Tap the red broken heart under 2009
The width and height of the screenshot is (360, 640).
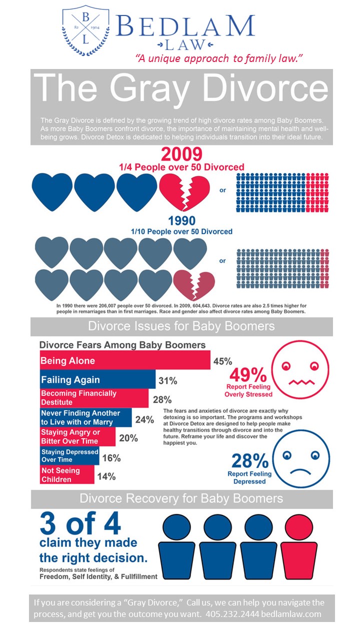click(179, 190)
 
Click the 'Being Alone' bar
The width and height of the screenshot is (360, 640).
click(124, 360)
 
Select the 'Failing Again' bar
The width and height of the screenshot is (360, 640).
click(97, 380)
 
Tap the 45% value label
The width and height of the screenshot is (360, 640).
click(223, 361)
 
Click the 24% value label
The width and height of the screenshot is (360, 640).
click(144, 419)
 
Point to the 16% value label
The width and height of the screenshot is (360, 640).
click(111, 458)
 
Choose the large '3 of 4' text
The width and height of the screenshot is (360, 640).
click(80, 524)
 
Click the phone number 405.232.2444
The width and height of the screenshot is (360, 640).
click(229, 614)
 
